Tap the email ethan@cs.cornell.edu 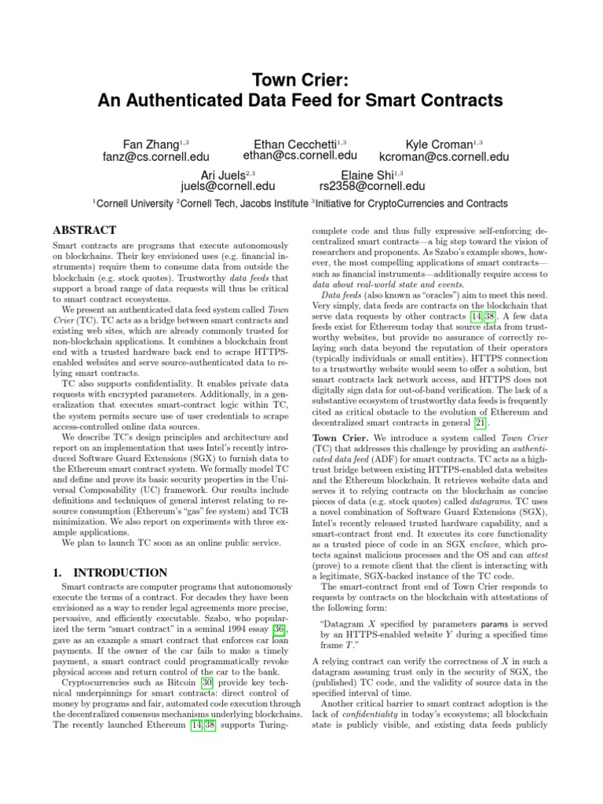(301, 156)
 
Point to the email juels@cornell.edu (228, 186)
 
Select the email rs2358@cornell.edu (372, 186)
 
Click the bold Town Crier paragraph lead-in (341, 437)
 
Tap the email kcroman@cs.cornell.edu (444, 157)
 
